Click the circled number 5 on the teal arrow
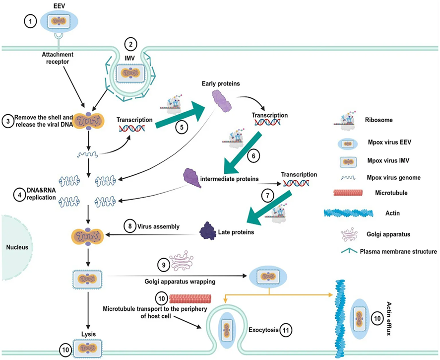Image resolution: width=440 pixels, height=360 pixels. tap(182, 127)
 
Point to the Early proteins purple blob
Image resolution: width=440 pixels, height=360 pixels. tap(222, 103)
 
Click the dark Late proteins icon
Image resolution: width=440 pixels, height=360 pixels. tap(207, 231)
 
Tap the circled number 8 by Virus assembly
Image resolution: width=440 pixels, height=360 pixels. tap(130, 227)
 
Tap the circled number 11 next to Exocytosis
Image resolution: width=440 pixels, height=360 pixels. tap(284, 329)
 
